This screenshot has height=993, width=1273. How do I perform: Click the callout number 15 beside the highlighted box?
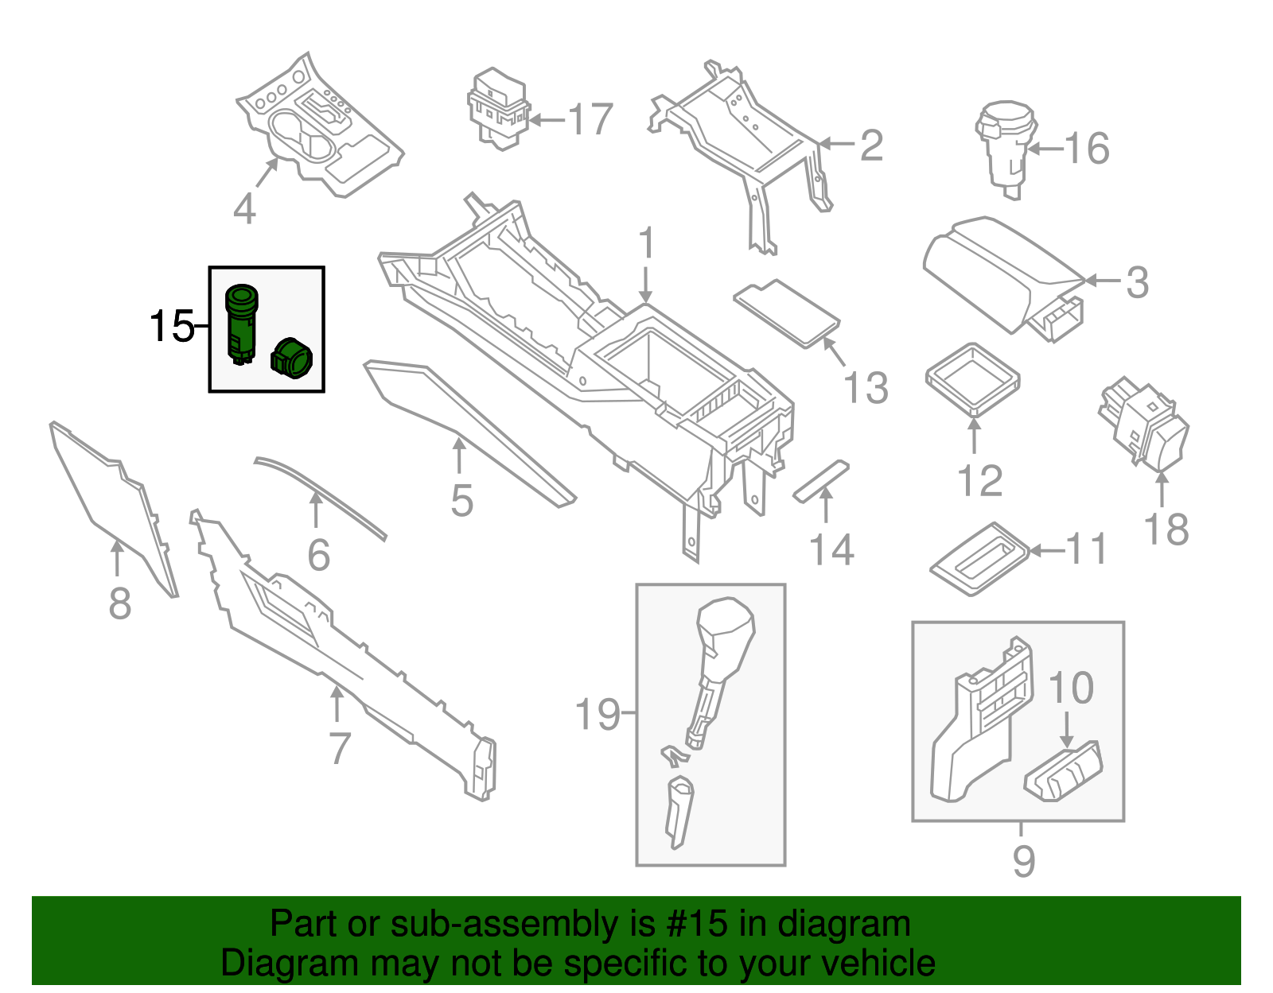(171, 326)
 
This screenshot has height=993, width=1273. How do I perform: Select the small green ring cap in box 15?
(293, 359)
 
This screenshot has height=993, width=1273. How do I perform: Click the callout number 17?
(590, 120)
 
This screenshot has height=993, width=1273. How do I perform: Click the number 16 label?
(1086, 148)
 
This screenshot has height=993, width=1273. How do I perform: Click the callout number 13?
(866, 388)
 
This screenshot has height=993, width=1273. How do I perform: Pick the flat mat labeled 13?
(787, 312)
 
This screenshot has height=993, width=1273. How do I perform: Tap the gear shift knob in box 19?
(724, 636)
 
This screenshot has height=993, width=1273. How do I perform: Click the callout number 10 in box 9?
(1071, 688)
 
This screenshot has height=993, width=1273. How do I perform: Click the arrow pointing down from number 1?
(646, 285)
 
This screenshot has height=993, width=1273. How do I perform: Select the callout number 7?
(340, 748)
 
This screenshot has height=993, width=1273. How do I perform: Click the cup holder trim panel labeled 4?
(318, 131)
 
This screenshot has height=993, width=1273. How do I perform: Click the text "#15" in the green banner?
(691, 925)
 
